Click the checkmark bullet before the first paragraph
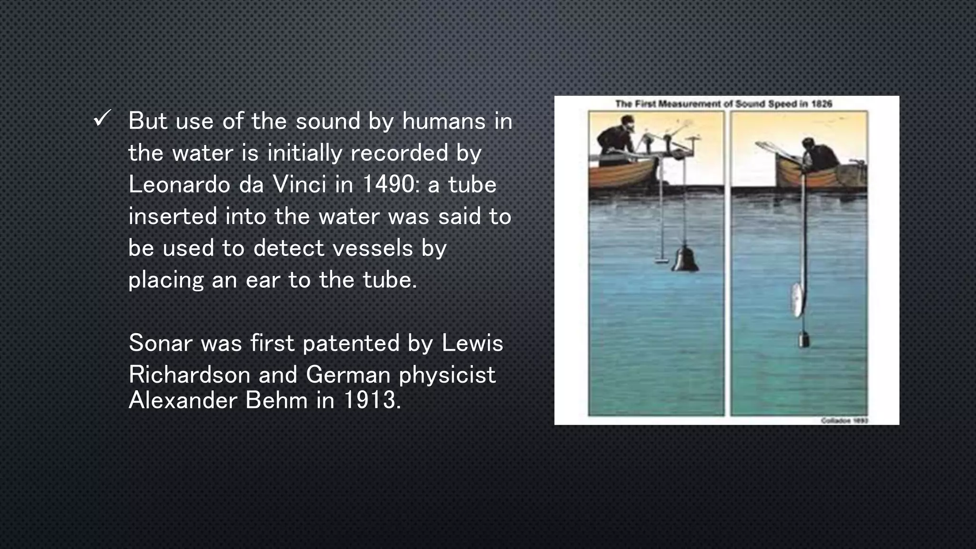tap(102, 119)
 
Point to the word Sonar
tap(160, 343)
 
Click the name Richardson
tap(189, 375)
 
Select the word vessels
tap(372, 248)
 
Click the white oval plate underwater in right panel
tap(795, 300)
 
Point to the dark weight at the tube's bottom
tap(804, 339)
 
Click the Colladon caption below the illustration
tap(844, 420)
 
